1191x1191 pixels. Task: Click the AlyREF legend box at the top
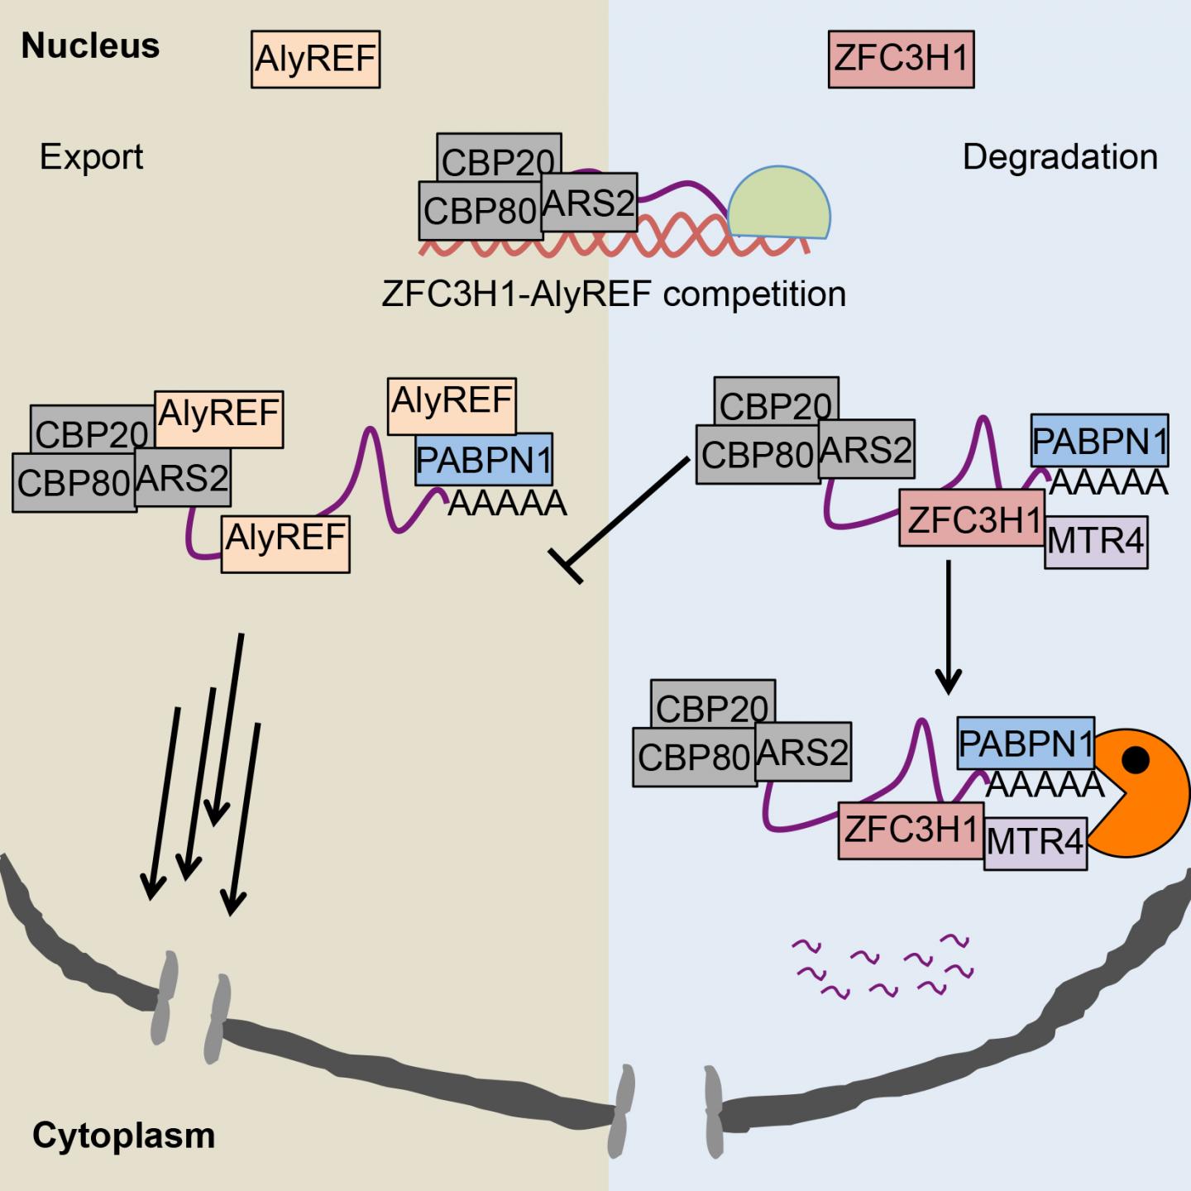click(x=315, y=60)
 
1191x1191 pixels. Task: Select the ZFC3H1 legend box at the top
click(x=901, y=59)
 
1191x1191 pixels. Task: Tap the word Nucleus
click(x=90, y=45)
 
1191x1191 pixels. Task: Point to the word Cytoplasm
click(x=123, y=1136)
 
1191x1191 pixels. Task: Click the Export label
click(x=91, y=156)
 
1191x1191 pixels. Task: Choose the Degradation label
click(x=1059, y=156)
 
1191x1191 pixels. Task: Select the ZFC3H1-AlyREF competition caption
click(x=614, y=294)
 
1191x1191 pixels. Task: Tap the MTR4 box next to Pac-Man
click(x=1035, y=843)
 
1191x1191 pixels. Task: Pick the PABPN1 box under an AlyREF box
click(x=484, y=460)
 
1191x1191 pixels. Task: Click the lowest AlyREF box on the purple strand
click(x=285, y=543)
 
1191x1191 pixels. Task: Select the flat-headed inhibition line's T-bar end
click(x=567, y=567)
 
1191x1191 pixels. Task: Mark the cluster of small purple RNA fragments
click(x=882, y=965)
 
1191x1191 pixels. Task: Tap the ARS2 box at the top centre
click(x=589, y=203)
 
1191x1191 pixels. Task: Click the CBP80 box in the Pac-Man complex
click(x=694, y=757)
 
